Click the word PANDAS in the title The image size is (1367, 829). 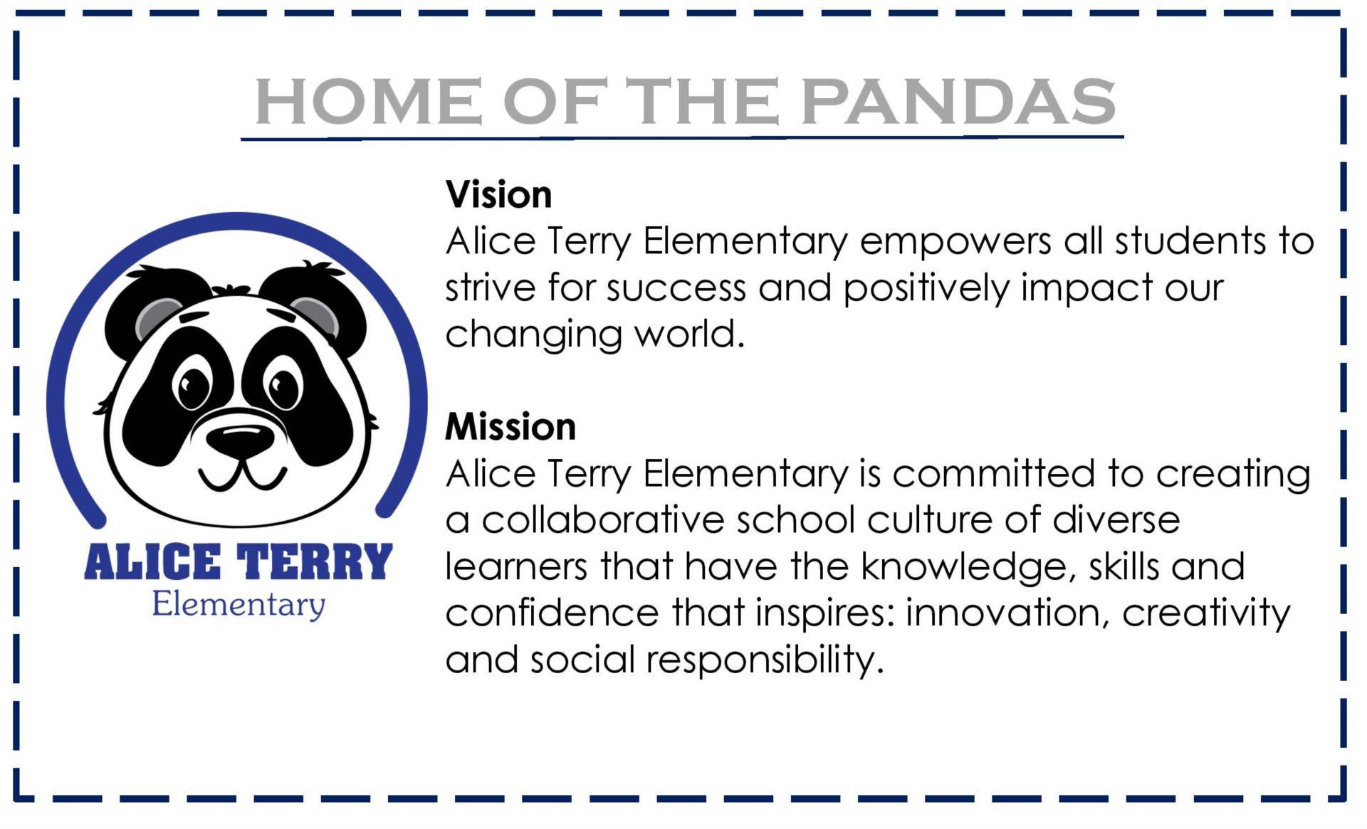[958, 101]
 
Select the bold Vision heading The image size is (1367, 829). [498, 195]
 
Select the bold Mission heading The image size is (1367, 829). [510, 427]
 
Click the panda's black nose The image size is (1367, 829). [241, 439]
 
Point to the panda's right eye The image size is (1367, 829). [283, 386]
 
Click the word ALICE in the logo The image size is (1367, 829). [152, 562]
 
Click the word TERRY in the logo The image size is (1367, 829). [314, 562]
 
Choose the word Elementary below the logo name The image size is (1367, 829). [239, 605]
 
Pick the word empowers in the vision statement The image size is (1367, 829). [955, 243]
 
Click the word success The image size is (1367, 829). [676, 289]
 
